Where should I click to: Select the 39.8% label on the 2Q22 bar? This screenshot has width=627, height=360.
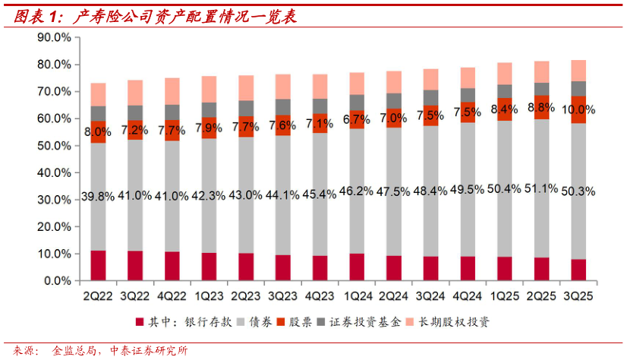[x=98, y=197]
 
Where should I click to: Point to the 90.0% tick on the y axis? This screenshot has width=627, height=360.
[x=54, y=37]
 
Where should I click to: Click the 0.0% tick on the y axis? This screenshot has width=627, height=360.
[x=57, y=281]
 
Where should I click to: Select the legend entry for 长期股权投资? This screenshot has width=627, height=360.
[x=452, y=321]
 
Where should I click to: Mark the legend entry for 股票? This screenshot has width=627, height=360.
[x=310, y=321]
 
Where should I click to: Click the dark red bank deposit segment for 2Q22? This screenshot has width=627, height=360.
[x=98, y=266]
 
